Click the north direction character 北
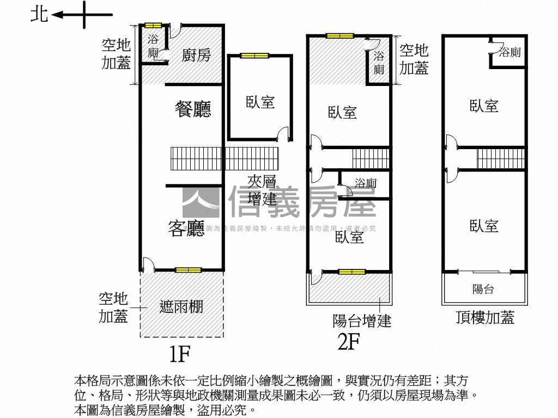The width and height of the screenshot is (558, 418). pyautogui.click(x=39, y=14)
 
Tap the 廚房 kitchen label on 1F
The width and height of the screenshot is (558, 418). pyautogui.click(x=196, y=55)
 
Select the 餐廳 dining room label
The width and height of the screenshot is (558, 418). pyautogui.click(x=193, y=109)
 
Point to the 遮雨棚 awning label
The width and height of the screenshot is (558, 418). pyautogui.click(x=181, y=306)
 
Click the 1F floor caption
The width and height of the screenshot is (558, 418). pyautogui.click(x=179, y=354)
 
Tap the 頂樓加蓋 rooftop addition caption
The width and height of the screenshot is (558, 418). pyautogui.click(x=485, y=317)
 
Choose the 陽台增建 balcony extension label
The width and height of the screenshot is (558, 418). pyautogui.click(x=362, y=321)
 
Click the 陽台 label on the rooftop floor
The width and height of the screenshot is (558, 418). pyautogui.click(x=483, y=289)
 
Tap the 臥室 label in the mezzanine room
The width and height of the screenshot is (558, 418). pyautogui.click(x=260, y=102)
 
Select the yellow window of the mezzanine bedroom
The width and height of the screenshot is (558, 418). pyautogui.click(x=254, y=56)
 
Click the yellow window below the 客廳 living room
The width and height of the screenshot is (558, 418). pyautogui.click(x=188, y=270)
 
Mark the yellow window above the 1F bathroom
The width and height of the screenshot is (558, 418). pyautogui.click(x=153, y=25)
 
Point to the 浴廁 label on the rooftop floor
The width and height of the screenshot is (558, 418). pyautogui.click(x=510, y=52)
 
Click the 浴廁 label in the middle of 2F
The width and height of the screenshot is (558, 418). pyautogui.click(x=365, y=183)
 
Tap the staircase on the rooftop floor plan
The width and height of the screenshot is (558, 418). pyautogui.click(x=501, y=158)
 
